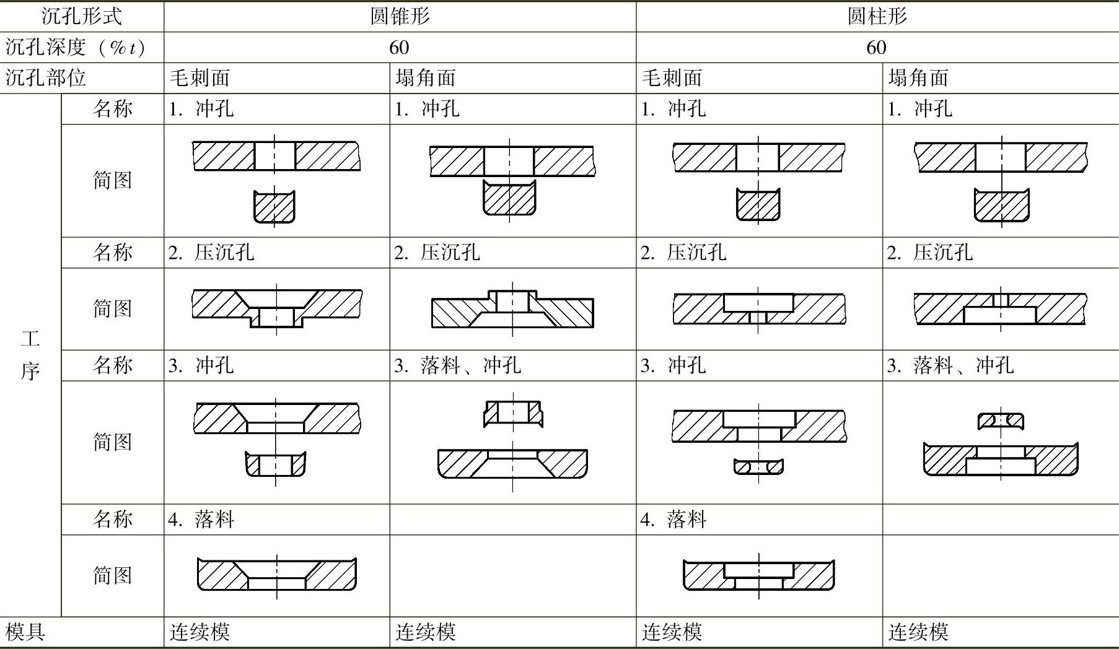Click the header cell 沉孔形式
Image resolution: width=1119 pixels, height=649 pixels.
(x=81, y=16)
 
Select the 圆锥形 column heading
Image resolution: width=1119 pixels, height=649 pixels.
(x=400, y=16)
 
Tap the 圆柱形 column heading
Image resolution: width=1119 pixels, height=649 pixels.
(x=877, y=16)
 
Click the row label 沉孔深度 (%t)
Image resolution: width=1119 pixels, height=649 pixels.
(x=75, y=48)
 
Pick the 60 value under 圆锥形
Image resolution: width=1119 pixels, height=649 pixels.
(x=399, y=48)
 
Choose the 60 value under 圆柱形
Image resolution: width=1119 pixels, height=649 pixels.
(x=876, y=48)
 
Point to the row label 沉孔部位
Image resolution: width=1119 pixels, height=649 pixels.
(x=45, y=78)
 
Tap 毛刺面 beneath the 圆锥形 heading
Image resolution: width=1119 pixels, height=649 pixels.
(x=200, y=78)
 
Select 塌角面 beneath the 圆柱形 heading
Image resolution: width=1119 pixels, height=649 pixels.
(x=918, y=78)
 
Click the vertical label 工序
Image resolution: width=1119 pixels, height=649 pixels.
(x=30, y=355)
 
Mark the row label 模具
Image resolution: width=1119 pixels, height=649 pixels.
(x=25, y=632)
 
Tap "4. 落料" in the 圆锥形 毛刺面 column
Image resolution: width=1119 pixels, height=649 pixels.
(x=201, y=519)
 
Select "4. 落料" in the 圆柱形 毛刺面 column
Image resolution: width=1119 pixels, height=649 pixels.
(x=673, y=519)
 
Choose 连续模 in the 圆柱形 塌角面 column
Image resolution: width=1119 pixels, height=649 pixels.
(x=918, y=632)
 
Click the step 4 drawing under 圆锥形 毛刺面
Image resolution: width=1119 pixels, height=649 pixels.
(x=276, y=575)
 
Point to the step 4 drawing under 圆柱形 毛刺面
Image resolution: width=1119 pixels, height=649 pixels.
(x=758, y=575)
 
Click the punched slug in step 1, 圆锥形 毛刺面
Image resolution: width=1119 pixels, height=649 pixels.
(x=274, y=206)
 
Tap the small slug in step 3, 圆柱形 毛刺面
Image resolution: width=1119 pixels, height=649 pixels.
(x=758, y=466)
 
